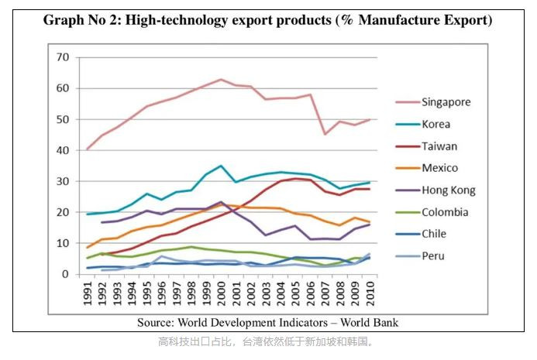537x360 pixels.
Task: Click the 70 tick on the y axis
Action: pyautogui.click(x=63, y=57)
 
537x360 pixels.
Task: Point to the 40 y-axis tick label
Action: pyautogui.click(x=63, y=150)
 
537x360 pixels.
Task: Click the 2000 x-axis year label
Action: pyautogui.click(x=221, y=294)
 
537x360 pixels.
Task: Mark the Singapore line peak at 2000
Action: pyautogui.click(x=221, y=79)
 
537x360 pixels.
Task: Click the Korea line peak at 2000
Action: pyautogui.click(x=221, y=166)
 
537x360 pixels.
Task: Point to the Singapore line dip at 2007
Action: pyautogui.click(x=325, y=134)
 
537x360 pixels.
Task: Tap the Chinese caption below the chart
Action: pyautogui.click(x=267, y=341)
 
